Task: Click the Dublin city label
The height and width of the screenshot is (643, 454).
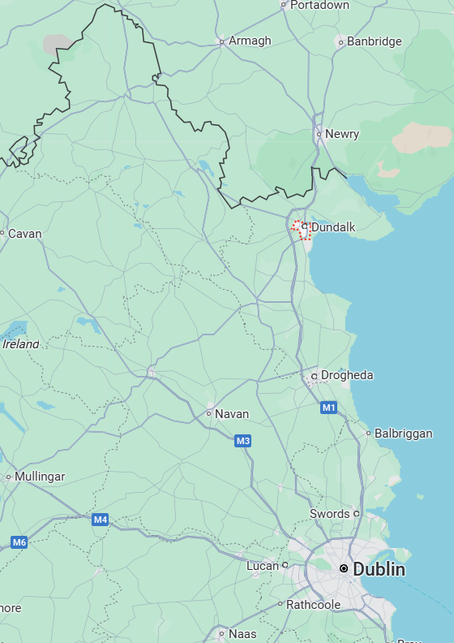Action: [x=379, y=569]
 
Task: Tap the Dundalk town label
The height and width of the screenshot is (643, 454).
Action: [x=333, y=228]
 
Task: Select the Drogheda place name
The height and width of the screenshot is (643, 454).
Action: [x=347, y=375]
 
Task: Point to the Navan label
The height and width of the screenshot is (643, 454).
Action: [x=231, y=414]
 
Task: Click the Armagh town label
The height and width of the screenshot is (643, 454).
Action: [x=250, y=41]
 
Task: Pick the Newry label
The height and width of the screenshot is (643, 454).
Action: [x=341, y=134]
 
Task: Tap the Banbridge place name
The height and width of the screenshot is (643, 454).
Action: [x=374, y=41]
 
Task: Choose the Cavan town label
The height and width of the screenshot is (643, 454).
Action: [x=24, y=234]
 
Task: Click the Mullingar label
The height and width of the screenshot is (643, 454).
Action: [x=40, y=477]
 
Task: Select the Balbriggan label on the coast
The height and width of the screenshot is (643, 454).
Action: [x=403, y=434]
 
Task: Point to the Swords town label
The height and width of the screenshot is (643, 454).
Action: [x=329, y=514]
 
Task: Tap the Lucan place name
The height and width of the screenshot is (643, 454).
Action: [x=262, y=565]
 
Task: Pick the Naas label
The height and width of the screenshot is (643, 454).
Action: [x=242, y=634]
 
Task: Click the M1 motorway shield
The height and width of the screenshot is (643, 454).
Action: [x=328, y=408]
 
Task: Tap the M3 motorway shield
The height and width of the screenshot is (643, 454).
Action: [x=243, y=441]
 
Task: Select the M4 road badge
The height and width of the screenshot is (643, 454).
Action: [x=101, y=520]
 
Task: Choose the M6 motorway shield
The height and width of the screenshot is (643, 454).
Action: [x=19, y=542]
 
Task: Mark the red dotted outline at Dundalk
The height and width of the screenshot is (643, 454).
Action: [x=302, y=230]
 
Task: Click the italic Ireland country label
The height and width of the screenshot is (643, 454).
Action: [x=21, y=344]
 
